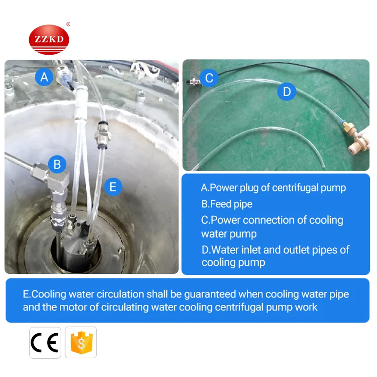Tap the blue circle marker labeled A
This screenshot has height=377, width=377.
(44, 77)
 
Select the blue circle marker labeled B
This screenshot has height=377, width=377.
(57, 164)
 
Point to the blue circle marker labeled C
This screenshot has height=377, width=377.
(209, 78)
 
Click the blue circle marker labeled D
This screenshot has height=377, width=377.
(287, 91)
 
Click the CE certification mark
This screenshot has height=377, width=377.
(45, 342)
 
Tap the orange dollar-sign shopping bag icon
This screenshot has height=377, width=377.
(81, 342)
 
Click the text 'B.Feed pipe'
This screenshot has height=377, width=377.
(227, 204)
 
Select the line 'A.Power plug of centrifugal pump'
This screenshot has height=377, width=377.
(273, 188)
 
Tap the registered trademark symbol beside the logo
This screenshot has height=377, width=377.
(68, 25)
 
